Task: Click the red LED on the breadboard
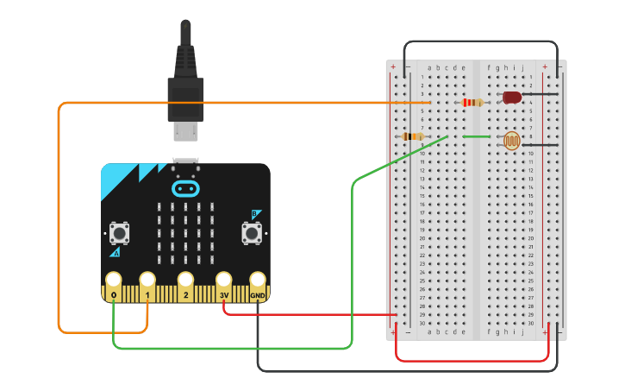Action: (512, 98)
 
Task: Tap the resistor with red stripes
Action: (472, 103)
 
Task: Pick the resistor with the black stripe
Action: (414, 136)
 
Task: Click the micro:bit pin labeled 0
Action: (113, 281)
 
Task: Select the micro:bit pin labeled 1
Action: (147, 281)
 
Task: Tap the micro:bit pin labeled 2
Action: (185, 281)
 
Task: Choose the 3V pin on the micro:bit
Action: (224, 281)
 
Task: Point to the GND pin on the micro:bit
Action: (258, 281)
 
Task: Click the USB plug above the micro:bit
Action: (185, 95)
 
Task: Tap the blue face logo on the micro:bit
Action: (185, 188)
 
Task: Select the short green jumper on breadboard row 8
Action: (477, 136)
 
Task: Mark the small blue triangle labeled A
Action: (115, 252)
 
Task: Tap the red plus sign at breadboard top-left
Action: (393, 67)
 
